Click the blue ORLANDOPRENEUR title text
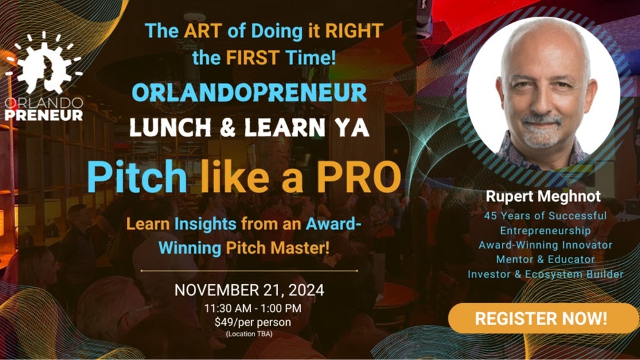tap(249, 93)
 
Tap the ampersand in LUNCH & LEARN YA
tap(228, 127)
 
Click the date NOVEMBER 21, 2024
tap(249, 290)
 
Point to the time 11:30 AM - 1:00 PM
tap(253, 308)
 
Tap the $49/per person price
tap(253, 322)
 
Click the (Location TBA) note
tap(249, 334)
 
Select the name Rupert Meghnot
tap(543, 196)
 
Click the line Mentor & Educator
tap(546, 259)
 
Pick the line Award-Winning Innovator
tap(546, 245)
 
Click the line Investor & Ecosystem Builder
tap(546, 274)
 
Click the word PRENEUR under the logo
tap(44, 115)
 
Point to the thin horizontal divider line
tap(249, 271)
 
